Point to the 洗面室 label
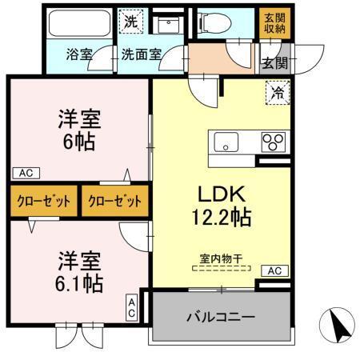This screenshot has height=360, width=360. pyautogui.click(x=142, y=55)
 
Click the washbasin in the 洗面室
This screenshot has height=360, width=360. pyautogui.click(x=168, y=23)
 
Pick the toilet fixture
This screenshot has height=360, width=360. pyautogui.click(x=222, y=22)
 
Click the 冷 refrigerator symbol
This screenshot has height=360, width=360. pyautogui.click(x=276, y=93)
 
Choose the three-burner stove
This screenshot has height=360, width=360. pyautogui.click(x=273, y=143)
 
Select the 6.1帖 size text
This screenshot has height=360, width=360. pyautogui.click(x=78, y=284)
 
